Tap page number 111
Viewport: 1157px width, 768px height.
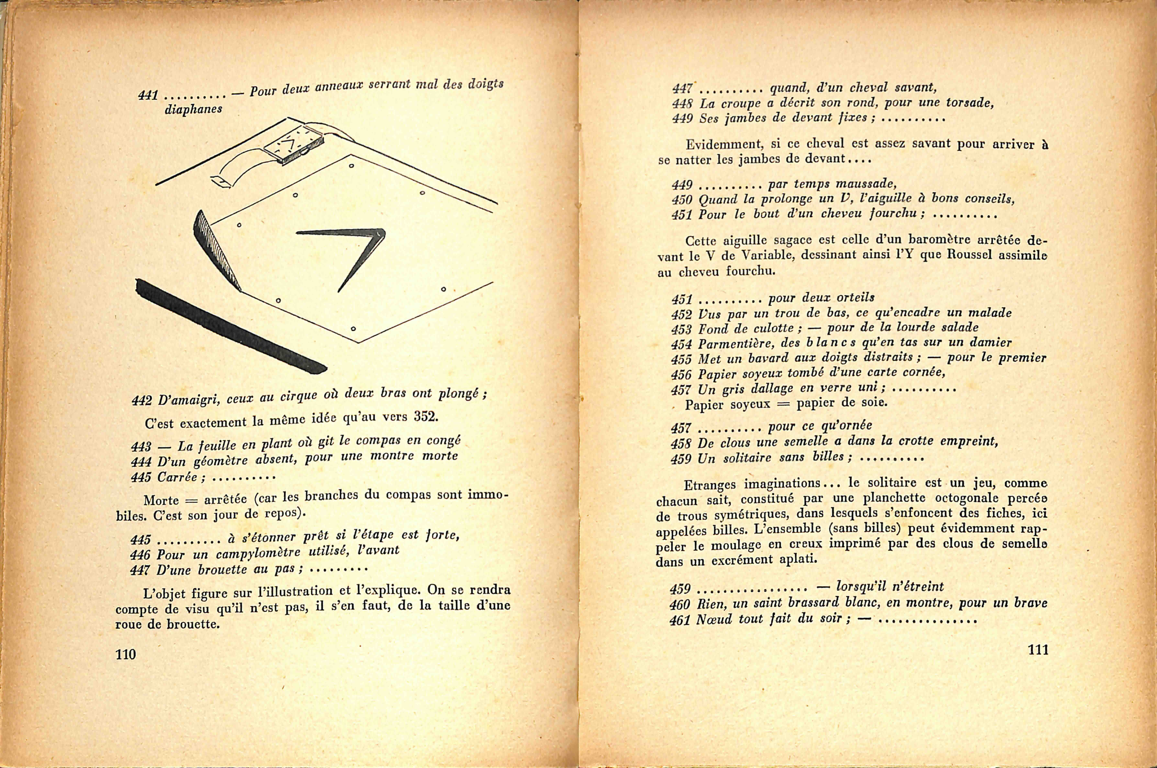(1038, 649)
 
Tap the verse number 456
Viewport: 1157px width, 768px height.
(681, 375)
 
